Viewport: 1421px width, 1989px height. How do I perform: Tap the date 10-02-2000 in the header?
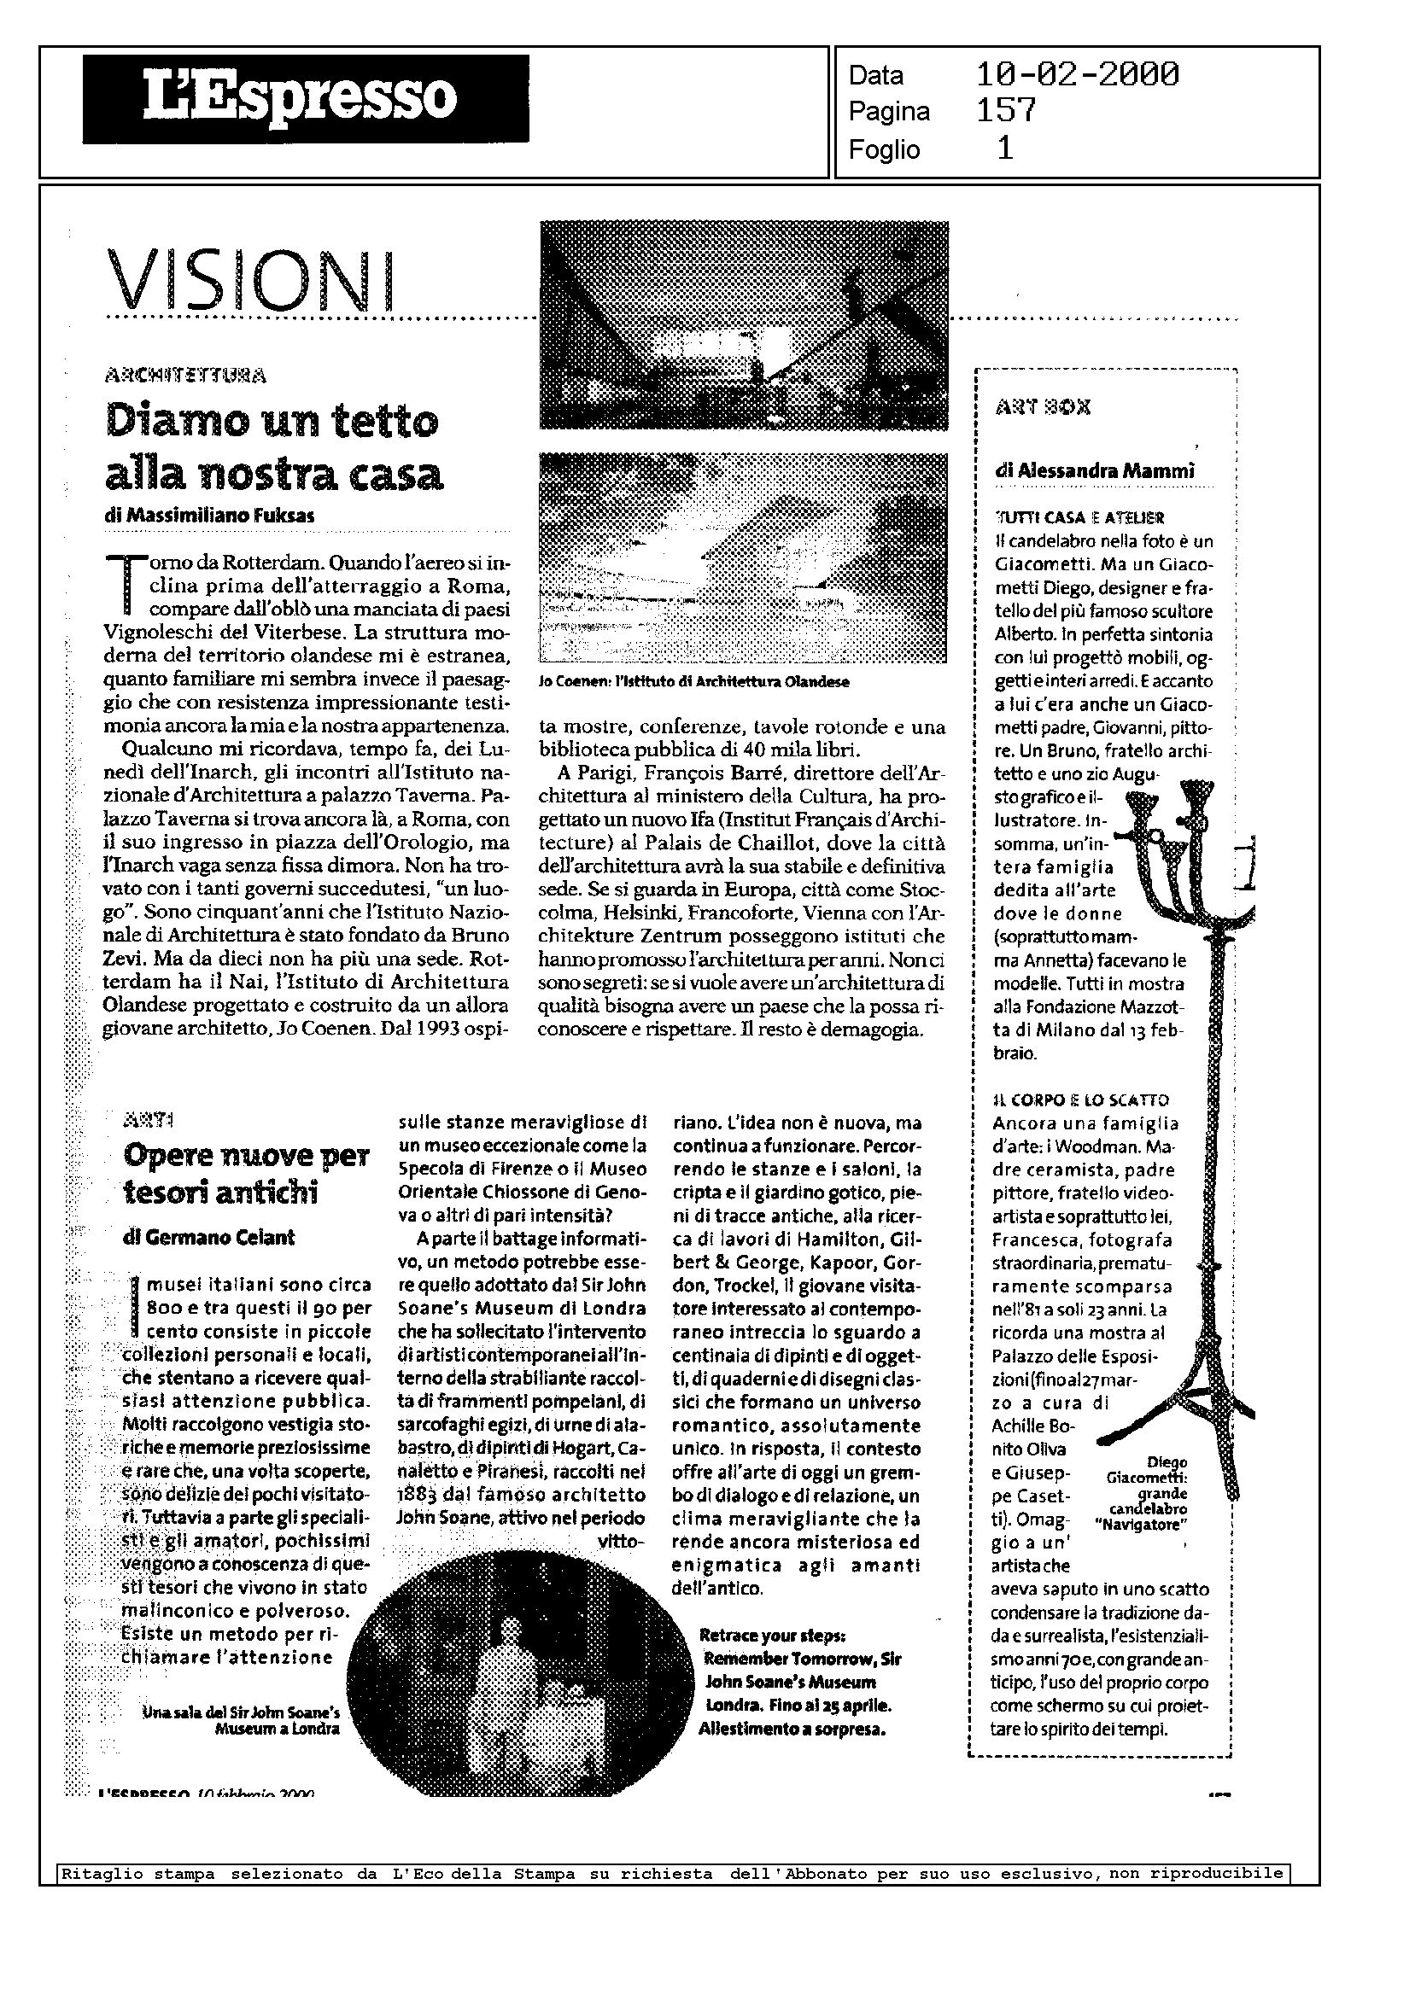pos(1076,75)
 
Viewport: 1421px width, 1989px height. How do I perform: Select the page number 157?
pos(1005,111)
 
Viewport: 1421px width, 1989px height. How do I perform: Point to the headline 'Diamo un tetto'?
pos(272,423)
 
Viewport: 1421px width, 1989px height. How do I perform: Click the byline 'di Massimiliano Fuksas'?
pos(209,516)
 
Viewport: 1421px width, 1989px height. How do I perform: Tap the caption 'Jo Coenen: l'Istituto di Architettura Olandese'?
pos(694,682)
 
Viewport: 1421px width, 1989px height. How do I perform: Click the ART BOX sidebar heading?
pos(1043,407)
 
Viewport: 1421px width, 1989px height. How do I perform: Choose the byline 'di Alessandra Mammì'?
pos(1095,471)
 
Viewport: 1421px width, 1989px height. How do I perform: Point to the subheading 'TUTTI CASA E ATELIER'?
pos(1079,518)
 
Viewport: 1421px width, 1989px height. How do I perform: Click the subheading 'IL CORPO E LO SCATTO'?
pos(1080,1100)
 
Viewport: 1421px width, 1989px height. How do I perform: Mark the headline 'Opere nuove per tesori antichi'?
pos(246,1174)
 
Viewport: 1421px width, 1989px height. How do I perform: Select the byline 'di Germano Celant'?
pos(209,1238)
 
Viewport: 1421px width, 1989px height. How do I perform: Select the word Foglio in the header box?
pos(884,150)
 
